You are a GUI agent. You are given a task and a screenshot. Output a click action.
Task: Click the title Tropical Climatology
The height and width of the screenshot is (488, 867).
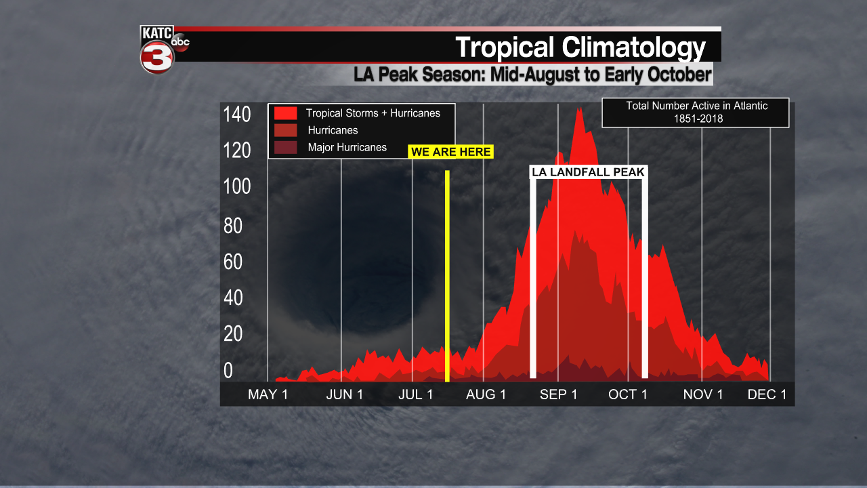pyautogui.click(x=580, y=47)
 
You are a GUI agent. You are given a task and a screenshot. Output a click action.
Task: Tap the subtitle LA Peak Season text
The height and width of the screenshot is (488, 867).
pyautogui.click(x=532, y=74)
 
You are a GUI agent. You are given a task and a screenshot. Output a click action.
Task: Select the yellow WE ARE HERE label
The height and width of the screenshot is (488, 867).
pyautogui.click(x=451, y=152)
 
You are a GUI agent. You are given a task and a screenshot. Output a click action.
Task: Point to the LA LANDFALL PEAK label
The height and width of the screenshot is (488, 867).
pyautogui.click(x=589, y=172)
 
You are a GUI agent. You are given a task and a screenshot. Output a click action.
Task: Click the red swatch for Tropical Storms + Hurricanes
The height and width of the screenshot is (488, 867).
pyautogui.click(x=285, y=113)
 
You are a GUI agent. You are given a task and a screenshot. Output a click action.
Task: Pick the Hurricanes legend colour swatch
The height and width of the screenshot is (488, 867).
pyautogui.click(x=285, y=130)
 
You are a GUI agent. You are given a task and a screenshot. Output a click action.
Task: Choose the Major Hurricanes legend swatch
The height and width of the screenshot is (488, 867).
pyautogui.click(x=285, y=147)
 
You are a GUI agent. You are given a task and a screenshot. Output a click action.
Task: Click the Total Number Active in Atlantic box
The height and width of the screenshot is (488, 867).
pyautogui.click(x=696, y=113)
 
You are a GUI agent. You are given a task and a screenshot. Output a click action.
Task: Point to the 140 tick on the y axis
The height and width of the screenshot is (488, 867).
pyautogui.click(x=237, y=115)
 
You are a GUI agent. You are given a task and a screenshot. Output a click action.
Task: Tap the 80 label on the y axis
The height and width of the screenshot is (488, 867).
pyautogui.click(x=233, y=226)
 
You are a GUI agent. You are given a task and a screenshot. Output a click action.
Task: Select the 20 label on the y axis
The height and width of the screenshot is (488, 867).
pyautogui.click(x=233, y=334)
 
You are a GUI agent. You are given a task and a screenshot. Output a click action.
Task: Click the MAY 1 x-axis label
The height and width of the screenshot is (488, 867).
pyautogui.click(x=268, y=394)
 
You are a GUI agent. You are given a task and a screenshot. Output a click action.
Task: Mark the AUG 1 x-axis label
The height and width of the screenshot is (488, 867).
pyautogui.click(x=486, y=394)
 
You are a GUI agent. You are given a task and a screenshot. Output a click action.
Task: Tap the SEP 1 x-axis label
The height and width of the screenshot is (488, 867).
pyautogui.click(x=558, y=394)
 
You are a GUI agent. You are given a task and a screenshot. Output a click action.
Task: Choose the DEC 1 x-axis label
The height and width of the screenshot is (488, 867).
pyautogui.click(x=767, y=394)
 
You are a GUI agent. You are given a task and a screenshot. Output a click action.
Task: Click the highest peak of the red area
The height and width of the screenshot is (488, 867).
pyautogui.click(x=578, y=110)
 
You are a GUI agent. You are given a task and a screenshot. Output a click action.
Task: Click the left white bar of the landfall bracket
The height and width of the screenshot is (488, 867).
pyautogui.click(x=533, y=278)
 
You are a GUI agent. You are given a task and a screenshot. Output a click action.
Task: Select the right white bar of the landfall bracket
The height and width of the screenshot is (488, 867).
pyautogui.click(x=645, y=278)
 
